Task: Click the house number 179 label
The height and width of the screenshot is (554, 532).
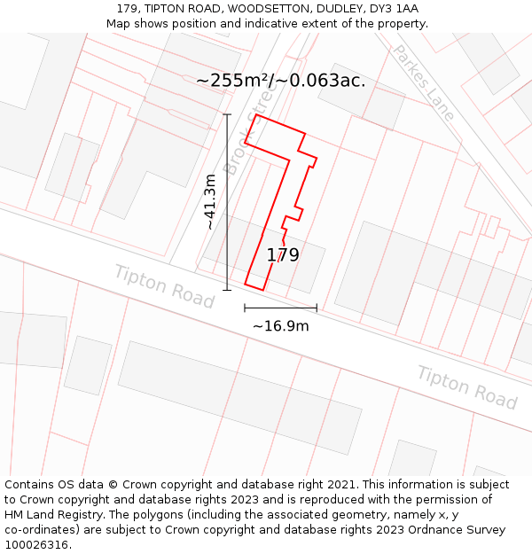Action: [x=283, y=255]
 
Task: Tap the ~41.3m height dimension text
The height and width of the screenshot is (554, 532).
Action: [x=210, y=202]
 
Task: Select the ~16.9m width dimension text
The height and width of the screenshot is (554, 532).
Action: [x=280, y=326]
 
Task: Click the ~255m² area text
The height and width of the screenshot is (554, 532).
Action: [x=233, y=81]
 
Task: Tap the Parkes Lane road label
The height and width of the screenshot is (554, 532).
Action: [x=423, y=70]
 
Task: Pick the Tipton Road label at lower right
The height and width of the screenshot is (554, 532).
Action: [x=467, y=387]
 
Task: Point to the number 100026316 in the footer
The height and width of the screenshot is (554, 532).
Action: [x=35, y=545]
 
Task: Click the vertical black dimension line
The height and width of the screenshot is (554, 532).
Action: [x=227, y=202]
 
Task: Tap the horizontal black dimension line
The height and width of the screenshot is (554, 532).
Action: [x=280, y=308]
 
